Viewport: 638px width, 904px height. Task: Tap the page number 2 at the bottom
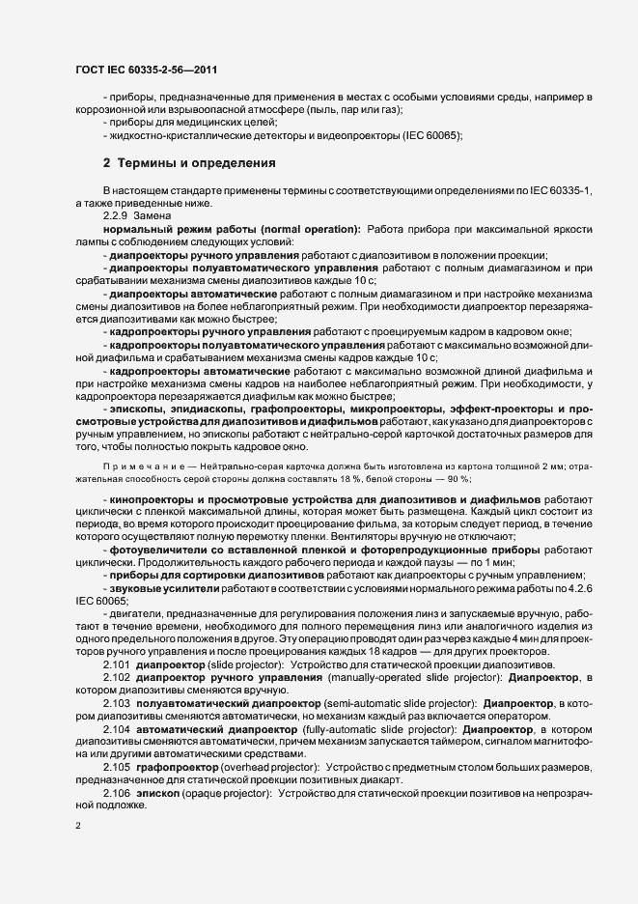(78, 826)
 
